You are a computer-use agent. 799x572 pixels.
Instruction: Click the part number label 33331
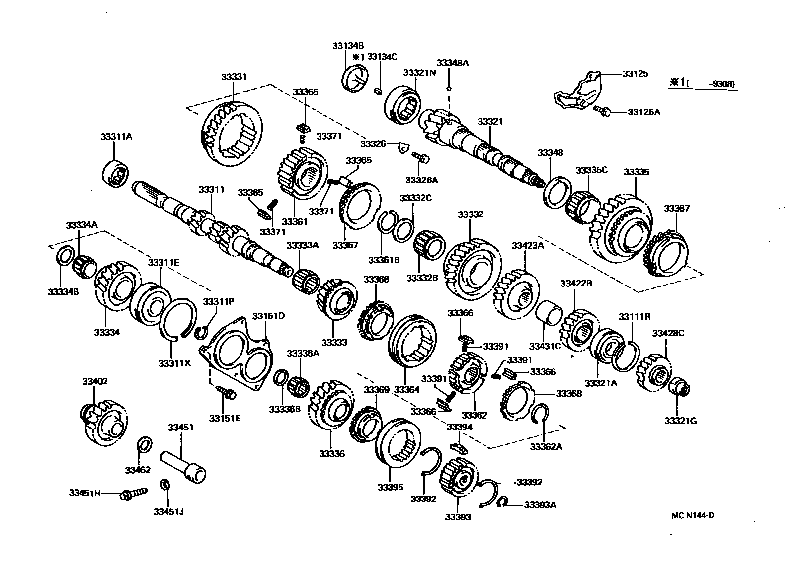point(234,78)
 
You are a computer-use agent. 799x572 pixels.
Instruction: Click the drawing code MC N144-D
point(692,515)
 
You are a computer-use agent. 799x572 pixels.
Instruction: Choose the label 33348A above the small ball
point(452,63)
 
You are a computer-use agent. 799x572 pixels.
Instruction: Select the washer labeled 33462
point(144,445)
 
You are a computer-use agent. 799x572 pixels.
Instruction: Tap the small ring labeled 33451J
point(165,484)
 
